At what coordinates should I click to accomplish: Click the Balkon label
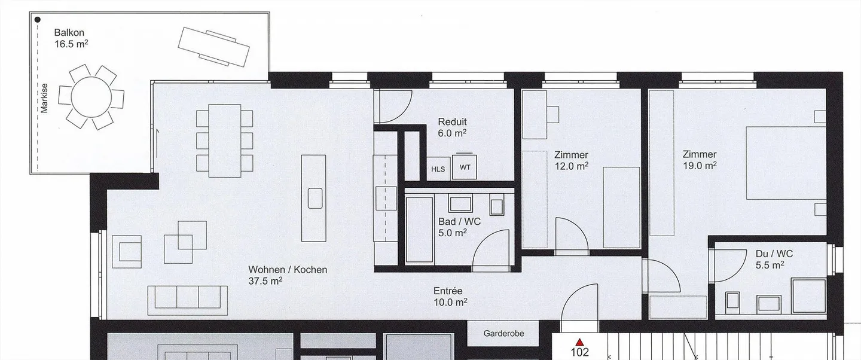[69, 33]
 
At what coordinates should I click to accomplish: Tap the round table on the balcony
[91, 97]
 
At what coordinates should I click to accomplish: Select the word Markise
[44, 98]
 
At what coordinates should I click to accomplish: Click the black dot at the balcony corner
[38, 20]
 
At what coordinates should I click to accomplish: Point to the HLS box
[438, 169]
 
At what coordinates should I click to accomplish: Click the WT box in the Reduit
[465, 166]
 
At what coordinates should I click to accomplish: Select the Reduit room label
[453, 122]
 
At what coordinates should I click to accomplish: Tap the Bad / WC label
[459, 221]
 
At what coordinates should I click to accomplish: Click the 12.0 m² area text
[571, 166]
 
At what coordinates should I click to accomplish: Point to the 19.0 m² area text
[700, 166]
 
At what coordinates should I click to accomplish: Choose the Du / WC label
[774, 254]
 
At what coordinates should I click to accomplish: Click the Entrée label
[448, 291]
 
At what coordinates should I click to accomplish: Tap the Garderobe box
[503, 333]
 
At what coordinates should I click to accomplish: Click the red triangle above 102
[579, 342]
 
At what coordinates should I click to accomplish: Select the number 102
[579, 352]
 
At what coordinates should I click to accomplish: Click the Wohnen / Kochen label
[288, 270]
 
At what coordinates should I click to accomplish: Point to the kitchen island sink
[315, 198]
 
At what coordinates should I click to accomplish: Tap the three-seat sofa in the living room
[188, 298]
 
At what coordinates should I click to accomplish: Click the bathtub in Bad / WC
[419, 230]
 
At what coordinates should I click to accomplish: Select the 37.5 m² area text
[265, 281]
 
